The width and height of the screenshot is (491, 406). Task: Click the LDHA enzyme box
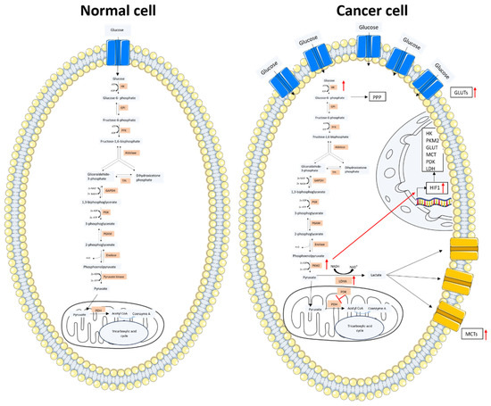point(341,279)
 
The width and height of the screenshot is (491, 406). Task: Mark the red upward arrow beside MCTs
point(483,361)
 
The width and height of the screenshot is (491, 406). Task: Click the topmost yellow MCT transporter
point(454,253)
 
